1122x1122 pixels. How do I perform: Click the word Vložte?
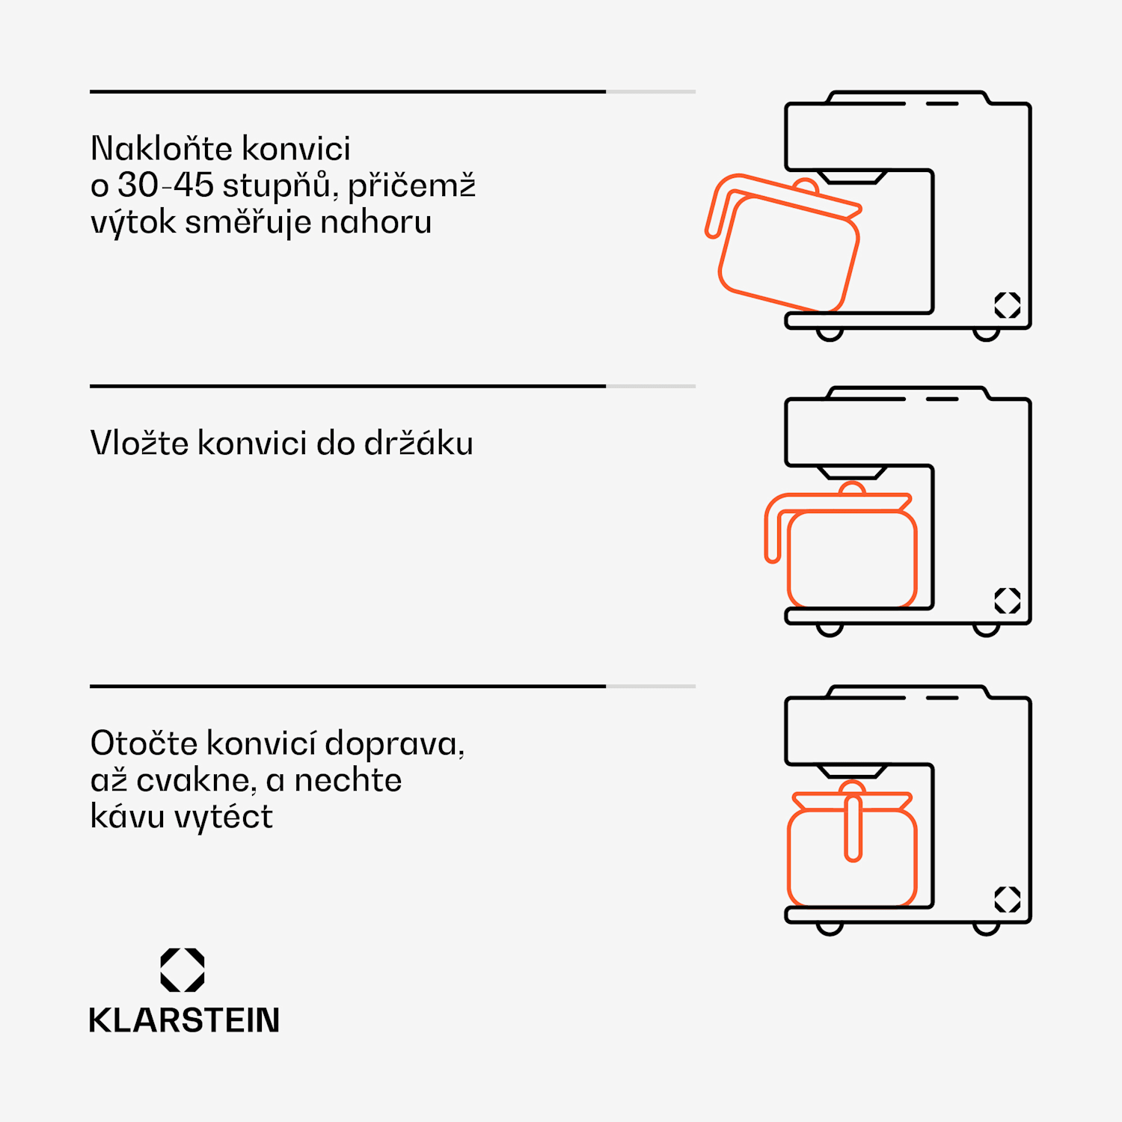(139, 443)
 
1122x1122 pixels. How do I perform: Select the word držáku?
(418, 443)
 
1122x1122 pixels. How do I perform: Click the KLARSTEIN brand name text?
(184, 1020)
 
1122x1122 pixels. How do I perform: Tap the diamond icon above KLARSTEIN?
(183, 970)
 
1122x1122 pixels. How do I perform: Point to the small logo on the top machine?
(1007, 305)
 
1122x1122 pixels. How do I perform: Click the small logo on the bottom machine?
(1007, 899)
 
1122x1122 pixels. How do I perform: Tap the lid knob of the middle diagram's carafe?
(852, 488)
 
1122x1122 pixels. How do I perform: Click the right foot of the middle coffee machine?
(986, 630)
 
